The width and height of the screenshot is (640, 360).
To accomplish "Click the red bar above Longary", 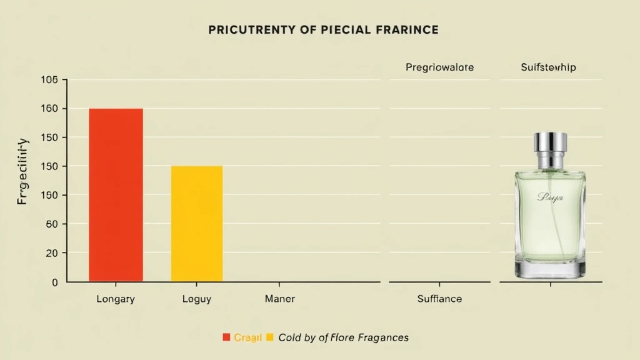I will (116, 194).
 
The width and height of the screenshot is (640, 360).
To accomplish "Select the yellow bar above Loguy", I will (196, 223).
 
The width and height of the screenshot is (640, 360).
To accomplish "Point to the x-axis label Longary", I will (116, 299).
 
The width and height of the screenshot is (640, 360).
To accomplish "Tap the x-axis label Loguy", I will (196, 299).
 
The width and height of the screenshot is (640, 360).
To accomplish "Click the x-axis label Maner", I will (279, 299).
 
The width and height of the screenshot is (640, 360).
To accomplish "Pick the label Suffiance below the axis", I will (439, 299).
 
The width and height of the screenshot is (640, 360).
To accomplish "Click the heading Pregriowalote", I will (439, 67).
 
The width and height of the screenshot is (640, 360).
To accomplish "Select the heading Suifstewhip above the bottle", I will (548, 67).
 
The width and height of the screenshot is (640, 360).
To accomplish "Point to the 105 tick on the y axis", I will (49, 80).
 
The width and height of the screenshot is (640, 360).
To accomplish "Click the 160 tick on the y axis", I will (49, 109).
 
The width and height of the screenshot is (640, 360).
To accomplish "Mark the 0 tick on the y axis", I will (54, 282).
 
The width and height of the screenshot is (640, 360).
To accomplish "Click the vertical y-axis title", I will (23, 172).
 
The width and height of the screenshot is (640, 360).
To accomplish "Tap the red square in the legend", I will (226, 337).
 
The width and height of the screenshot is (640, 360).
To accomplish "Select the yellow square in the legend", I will (270, 337).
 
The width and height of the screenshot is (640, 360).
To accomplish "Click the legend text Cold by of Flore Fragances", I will (343, 337).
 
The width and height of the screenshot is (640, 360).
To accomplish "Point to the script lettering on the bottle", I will (550, 197).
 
